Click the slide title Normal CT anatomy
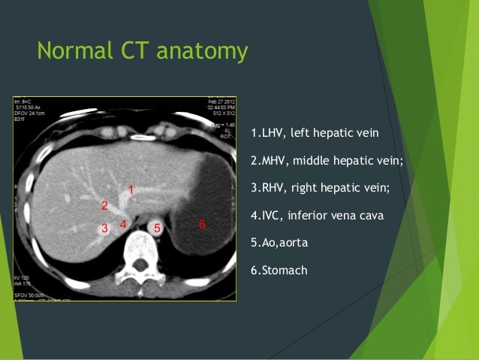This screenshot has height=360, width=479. (142, 52)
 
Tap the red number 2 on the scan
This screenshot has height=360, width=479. (104, 205)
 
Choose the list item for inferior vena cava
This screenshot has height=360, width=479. (318, 216)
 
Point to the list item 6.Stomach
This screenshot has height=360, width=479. (279, 270)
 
